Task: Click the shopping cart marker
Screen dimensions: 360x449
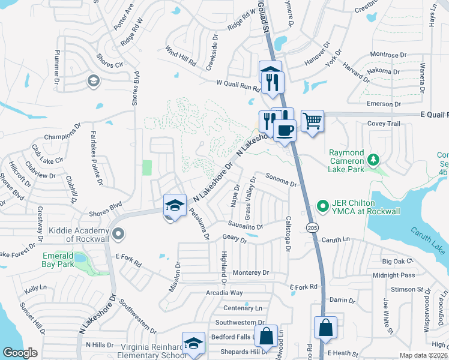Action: [312, 122]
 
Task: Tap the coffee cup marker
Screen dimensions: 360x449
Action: [285, 130]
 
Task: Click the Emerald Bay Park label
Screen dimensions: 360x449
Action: [58, 260]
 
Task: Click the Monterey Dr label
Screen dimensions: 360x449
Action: [251, 272]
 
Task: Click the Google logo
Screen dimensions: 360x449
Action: [20, 352]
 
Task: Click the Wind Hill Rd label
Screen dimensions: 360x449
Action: [181, 56]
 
